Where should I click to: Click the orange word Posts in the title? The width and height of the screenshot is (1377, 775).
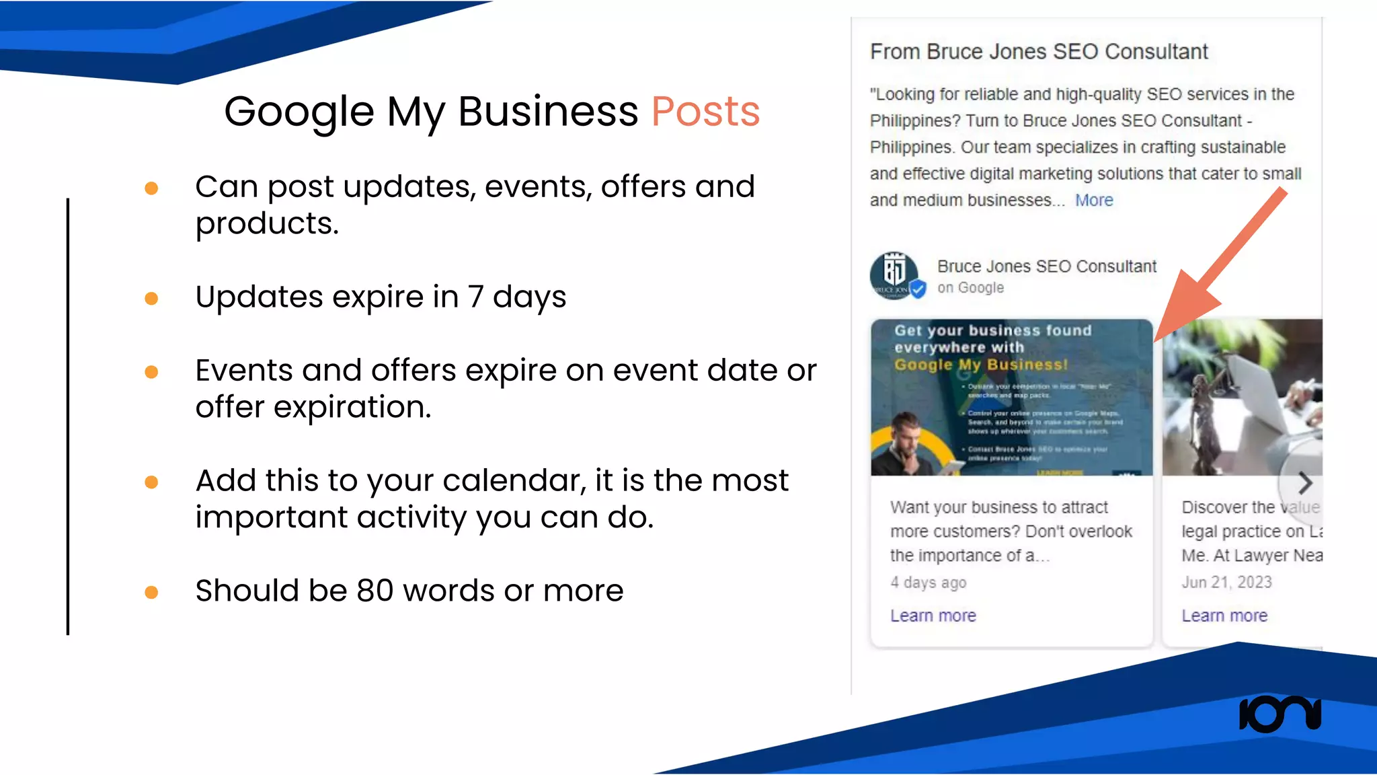705,112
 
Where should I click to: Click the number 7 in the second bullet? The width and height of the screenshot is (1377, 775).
475,297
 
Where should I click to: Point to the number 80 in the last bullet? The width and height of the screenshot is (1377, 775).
375,591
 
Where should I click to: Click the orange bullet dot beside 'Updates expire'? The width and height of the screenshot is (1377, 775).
151,298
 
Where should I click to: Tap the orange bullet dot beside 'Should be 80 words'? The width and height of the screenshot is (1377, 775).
151,592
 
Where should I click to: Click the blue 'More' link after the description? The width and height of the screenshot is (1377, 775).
1094,200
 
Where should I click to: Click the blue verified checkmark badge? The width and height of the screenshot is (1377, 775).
918,289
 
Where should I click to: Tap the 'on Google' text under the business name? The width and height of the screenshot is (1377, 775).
970,288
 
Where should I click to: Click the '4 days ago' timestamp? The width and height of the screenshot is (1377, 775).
928,583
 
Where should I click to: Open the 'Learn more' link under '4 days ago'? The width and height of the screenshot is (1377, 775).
933,616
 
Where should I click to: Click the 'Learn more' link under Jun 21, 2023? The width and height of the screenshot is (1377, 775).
1224,616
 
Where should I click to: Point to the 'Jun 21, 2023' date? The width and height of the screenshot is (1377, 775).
1226,583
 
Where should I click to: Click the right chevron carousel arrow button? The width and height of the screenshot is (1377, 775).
1304,482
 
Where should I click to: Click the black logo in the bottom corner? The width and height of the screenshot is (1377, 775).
1280,714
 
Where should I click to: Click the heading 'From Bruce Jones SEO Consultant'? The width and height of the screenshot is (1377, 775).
1039,52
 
